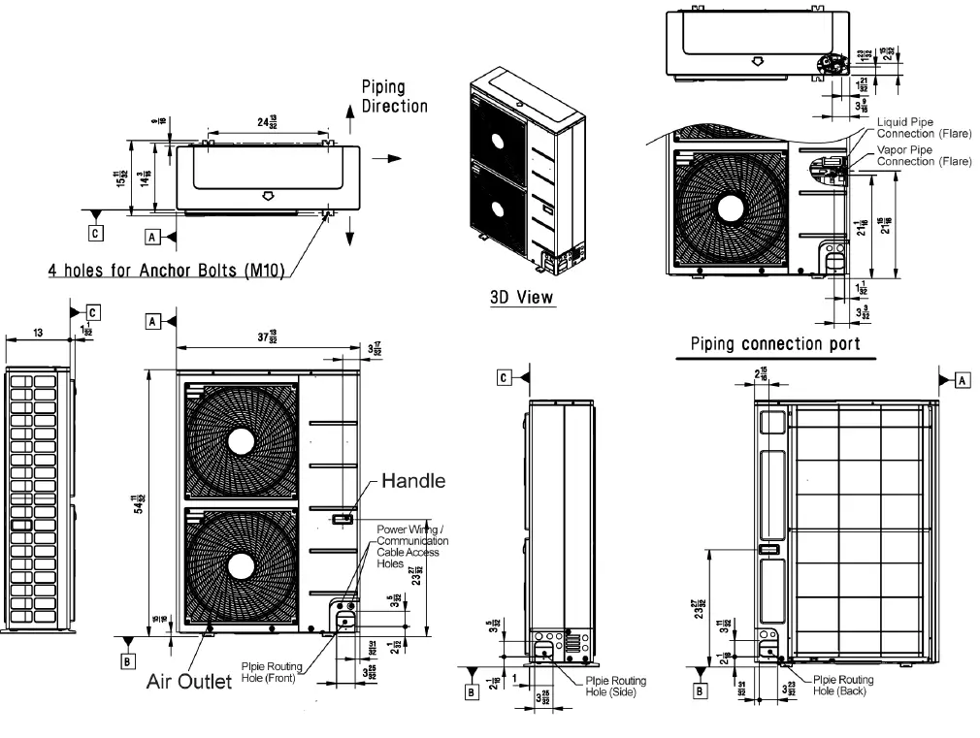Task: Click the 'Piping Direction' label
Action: pos(394,96)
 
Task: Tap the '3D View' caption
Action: pos(522,297)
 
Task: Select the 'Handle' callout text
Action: pos(412,480)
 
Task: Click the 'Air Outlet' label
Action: pos(189,682)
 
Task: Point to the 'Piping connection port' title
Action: pos(774,343)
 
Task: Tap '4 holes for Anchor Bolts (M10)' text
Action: pos(166,270)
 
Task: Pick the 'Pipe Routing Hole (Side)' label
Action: pos(615,686)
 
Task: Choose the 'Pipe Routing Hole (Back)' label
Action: pos(842,685)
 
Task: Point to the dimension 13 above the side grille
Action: pos(38,333)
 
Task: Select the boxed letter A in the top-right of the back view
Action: pos(963,380)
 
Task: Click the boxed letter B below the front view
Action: pos(126,661)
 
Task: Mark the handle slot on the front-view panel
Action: pos(342,519)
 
